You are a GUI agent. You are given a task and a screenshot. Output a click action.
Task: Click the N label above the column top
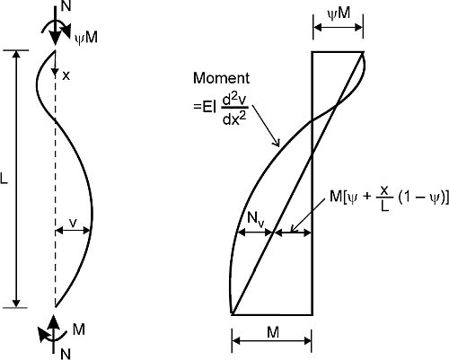point(66,6)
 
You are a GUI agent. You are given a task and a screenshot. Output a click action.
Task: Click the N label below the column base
point(66,355)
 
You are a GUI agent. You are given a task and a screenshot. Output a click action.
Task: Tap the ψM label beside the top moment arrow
point(86,39)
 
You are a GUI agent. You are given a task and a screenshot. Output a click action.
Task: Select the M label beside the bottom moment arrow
point(79,329)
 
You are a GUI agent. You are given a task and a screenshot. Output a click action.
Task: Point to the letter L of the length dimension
point(4,180)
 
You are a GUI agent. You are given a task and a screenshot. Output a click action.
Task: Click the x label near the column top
point(66,76)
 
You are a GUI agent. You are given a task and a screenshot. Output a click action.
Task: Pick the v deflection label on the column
point(73,223)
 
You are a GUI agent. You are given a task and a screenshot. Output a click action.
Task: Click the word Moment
point(221,78)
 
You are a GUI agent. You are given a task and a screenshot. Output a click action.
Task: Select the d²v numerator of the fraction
point(235,100)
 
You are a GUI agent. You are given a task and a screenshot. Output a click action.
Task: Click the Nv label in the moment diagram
point(255,220)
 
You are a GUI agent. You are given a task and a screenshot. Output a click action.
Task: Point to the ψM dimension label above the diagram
point(339,13)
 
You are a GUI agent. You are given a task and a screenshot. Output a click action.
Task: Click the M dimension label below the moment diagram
point(273,332)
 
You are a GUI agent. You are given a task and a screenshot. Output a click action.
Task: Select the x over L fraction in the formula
point(385,198)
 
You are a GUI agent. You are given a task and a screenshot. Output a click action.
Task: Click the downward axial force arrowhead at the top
point(55,37)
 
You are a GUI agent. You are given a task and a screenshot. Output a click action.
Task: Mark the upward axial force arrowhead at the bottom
point(53,322)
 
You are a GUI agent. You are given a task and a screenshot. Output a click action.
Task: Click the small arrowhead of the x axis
point(55,71)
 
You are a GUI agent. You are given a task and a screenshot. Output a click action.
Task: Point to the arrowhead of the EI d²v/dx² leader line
point(277,144)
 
